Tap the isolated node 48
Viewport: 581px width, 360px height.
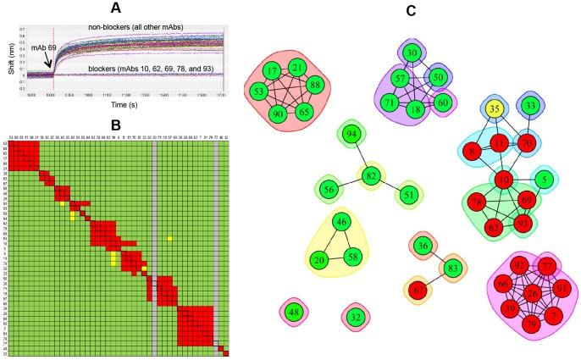tap(294, 312)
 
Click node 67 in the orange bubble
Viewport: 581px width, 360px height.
tap(417, 291)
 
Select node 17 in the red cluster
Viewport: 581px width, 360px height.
tap(272, 70)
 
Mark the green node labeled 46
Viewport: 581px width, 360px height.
tap(341, 223)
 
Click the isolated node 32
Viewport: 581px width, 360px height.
tap(356, 317)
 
